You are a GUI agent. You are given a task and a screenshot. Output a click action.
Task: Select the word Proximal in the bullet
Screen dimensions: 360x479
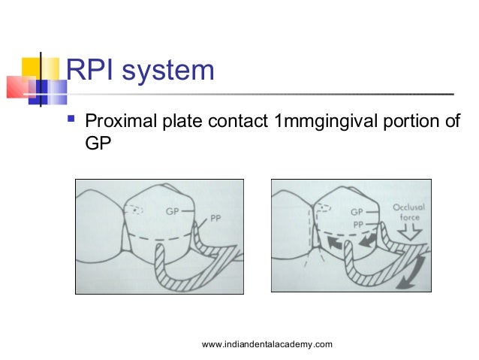point(125,122)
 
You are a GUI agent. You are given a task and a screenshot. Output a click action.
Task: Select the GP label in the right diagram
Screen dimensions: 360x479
point(357,213)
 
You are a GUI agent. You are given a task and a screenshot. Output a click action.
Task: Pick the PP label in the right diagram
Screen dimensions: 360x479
point(357,224)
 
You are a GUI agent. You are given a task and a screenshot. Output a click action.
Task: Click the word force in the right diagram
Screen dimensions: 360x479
point(410,217)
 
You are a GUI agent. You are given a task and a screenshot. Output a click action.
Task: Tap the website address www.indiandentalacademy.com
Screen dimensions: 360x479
point(267,344)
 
